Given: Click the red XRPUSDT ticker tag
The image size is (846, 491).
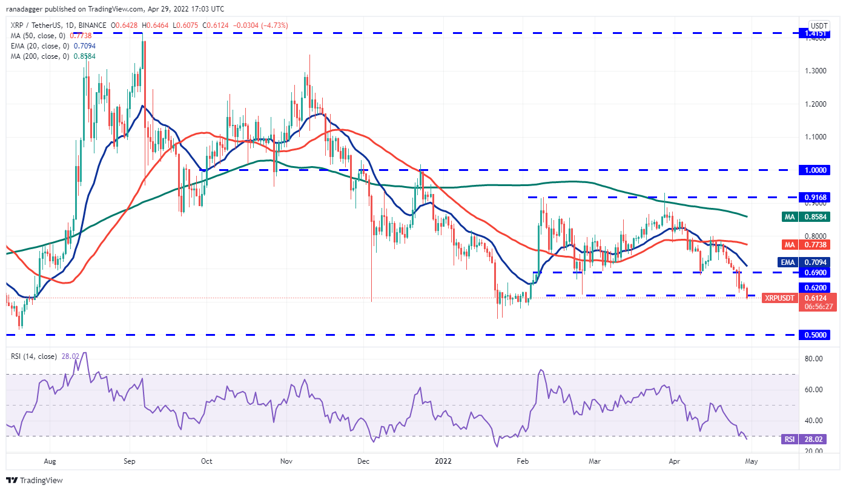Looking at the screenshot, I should (779, 298).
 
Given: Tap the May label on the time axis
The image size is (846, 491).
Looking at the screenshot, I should (750, 461).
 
